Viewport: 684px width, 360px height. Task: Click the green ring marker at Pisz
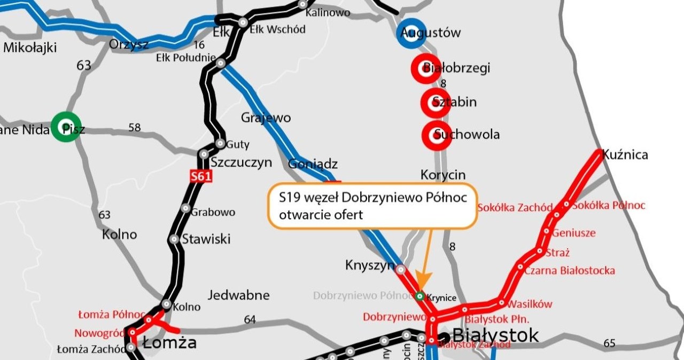66,127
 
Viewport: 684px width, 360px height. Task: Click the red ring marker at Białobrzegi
425,69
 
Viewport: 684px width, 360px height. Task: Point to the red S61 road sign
201,176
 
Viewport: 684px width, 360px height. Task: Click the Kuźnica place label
625,155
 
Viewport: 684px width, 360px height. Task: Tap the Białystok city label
495,335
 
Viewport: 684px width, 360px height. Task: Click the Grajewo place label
266,117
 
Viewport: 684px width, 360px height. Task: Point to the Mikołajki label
30,48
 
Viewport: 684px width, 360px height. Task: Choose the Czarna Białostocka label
569,271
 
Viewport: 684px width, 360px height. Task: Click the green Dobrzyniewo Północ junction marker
420,296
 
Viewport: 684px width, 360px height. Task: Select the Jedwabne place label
238,295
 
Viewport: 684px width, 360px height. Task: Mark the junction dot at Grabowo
185,208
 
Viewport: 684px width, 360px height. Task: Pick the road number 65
609,343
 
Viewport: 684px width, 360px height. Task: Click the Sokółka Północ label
609,206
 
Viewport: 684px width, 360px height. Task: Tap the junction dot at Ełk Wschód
243,22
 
